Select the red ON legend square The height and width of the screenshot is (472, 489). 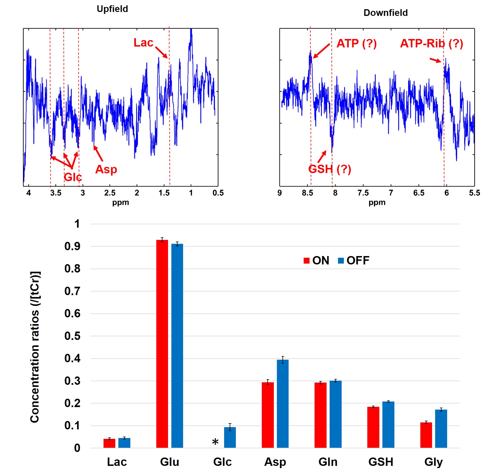pyautogui.click(x=306, y=261)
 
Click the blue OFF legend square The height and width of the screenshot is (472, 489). pyautogui.click(x=341, y=261)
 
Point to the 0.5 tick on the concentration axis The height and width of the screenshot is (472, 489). pyautogui.click(x=72, y=336)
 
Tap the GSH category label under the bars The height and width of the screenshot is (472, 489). pyautogui.click(x=381, y=462)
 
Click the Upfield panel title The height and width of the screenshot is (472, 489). pyautogui.click(x=112, y=9)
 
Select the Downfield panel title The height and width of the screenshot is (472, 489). pyautogui.click(x=385, y=13)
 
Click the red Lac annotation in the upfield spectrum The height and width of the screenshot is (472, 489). pyautogui.click(x=143, y=43)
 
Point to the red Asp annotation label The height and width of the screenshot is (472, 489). pyautogui.click(x=106, y=169)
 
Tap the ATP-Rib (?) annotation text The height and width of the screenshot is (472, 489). pyautogui.click(x=432, y=43)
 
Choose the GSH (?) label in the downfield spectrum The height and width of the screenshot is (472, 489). pyautogui.click(x=330, y=169)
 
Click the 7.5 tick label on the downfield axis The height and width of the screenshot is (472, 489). pyautogui.click(x=363, y=193)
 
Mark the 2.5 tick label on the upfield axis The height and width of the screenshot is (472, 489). pyautogui.click(x=110, y=193)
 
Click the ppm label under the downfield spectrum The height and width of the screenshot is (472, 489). pyautogui.click(x=377, y=203)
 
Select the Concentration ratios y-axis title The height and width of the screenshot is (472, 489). pyautogui.click(x=35, y=347)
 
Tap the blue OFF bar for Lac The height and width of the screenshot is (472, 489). pyautogui.click(x=124, y=443)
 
